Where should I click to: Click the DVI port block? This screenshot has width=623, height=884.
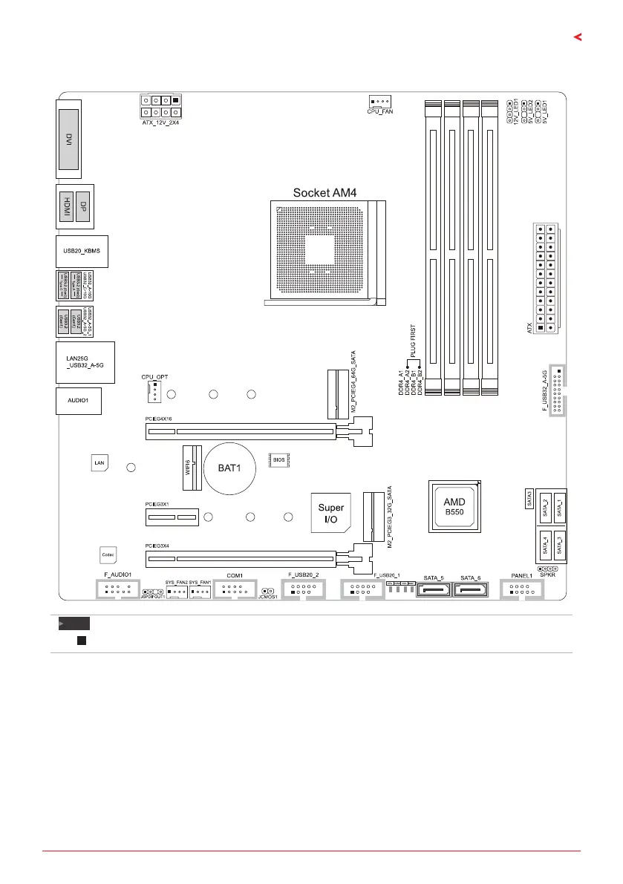[68, 138]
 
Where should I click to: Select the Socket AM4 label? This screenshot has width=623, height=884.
[325, 193]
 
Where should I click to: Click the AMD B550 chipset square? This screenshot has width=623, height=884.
[454, 506]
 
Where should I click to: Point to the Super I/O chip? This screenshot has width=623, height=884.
[331, 512]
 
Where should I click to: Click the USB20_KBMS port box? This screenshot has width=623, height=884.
[82, 252]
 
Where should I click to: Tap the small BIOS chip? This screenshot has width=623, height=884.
[278, 460]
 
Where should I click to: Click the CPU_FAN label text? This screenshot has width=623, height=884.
[380, 111]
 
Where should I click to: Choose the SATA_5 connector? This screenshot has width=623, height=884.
[432, 591]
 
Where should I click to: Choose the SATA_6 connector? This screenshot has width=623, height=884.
[471, 591]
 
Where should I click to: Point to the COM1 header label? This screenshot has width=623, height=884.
[235, 575]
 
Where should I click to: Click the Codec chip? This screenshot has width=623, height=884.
[107, 554]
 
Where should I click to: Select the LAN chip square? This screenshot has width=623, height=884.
[100, 463]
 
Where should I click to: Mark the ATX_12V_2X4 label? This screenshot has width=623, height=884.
[160, 122]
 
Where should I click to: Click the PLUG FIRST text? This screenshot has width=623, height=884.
[414, 341]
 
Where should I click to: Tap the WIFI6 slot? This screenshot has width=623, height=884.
[192, 468]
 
